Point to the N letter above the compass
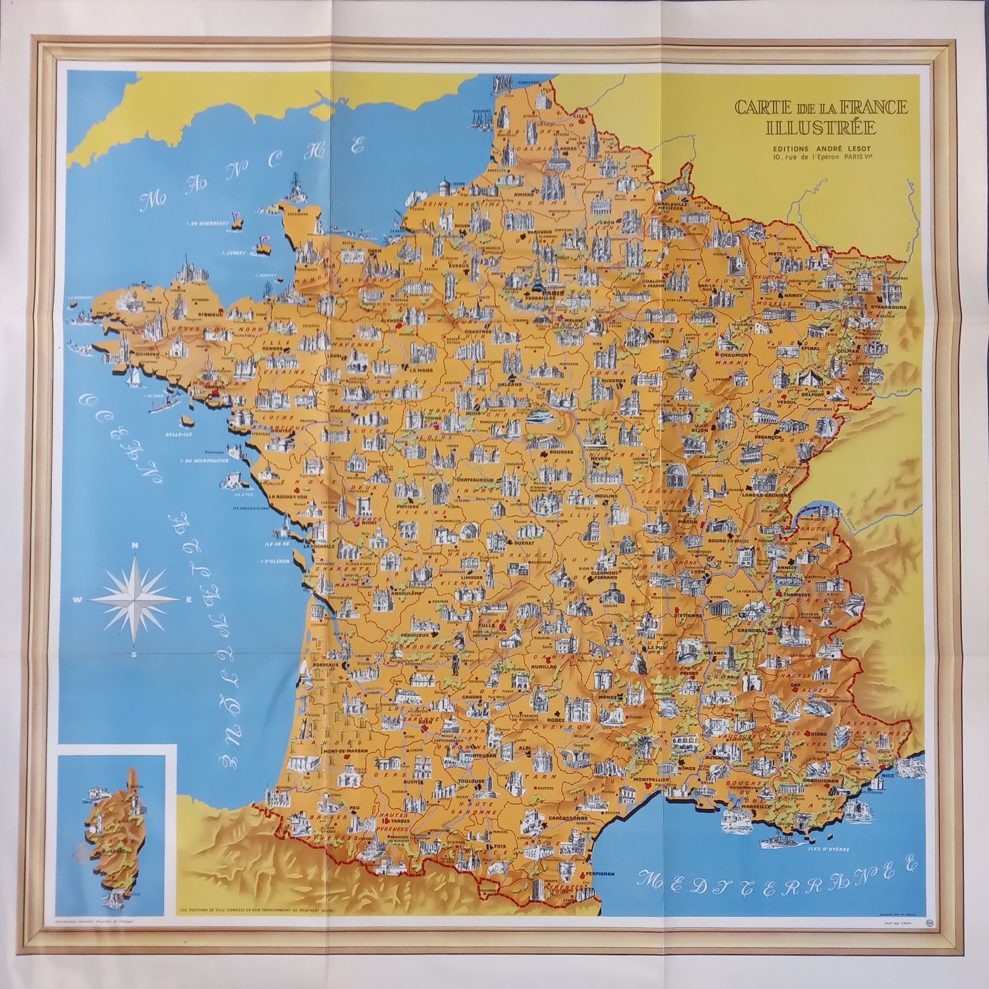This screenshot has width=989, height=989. click(134, 546)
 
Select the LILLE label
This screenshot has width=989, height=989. click(580, 116)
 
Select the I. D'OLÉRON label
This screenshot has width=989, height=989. click(275, 561)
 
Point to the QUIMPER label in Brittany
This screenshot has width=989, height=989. click(147, 353)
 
